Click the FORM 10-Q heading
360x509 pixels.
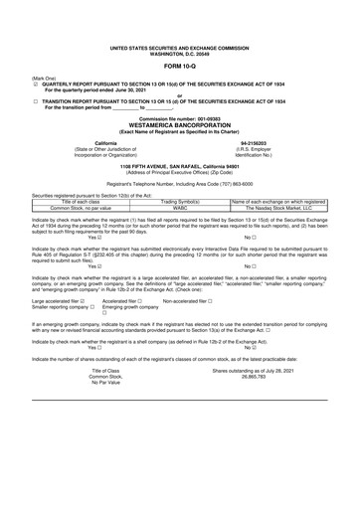click(x=179, y=66)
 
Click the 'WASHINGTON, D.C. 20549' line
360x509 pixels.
click(x=179, y=53)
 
